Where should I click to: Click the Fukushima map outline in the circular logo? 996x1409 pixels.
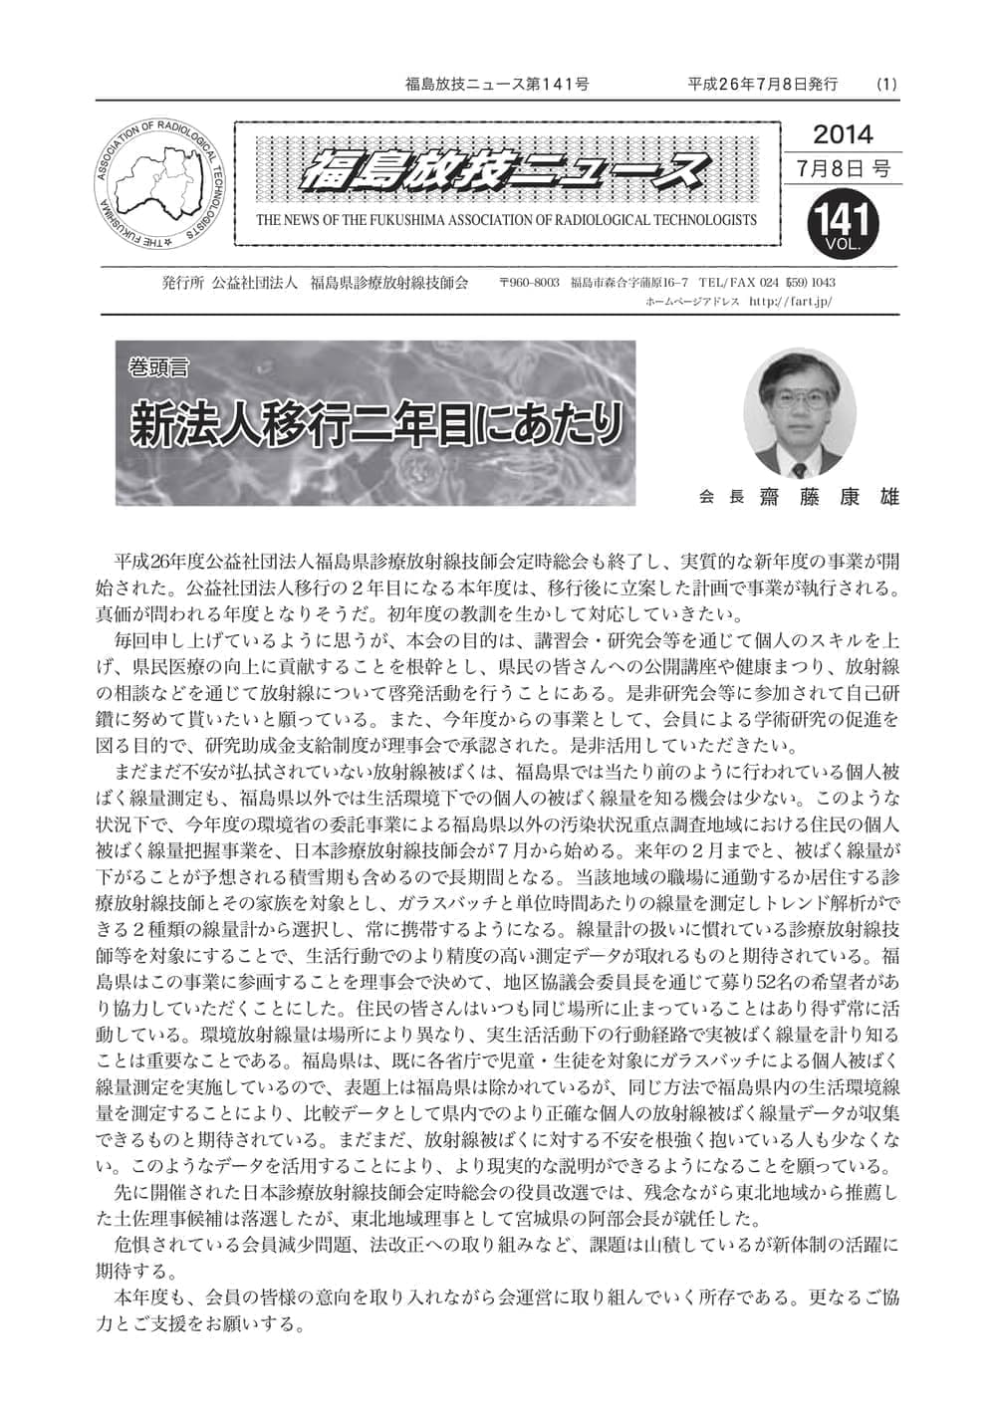(x=159, y=176)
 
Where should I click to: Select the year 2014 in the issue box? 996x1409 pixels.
(x=843, y=134)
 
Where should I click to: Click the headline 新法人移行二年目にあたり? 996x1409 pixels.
(x=376, y=425)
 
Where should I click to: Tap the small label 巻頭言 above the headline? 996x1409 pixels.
(x=158, y=366)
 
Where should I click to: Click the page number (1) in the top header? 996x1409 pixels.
(x=886, y=85)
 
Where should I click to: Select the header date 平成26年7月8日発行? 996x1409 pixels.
(x=763, y=85)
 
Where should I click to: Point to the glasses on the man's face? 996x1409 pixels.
(x=801, y=398)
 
